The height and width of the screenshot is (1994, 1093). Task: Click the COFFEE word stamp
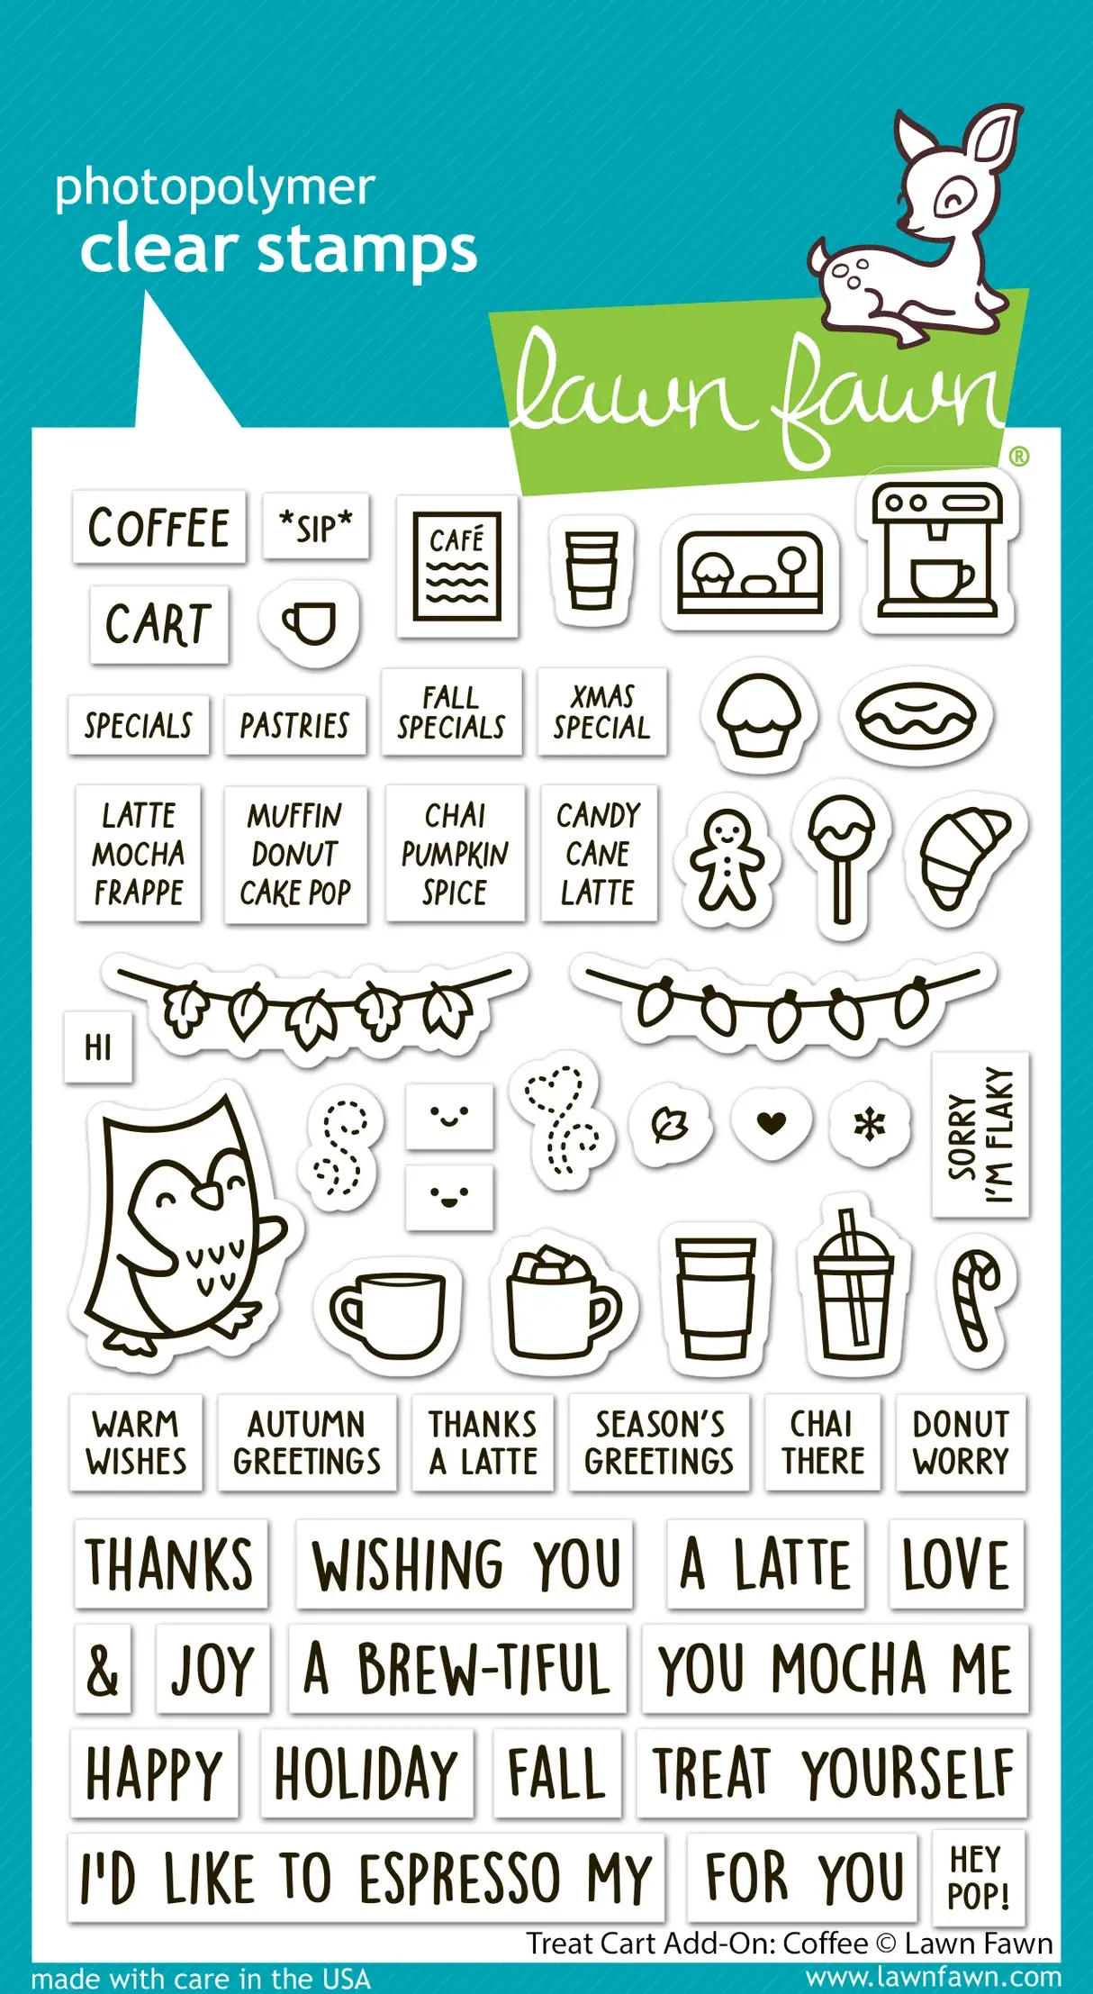(158, 528)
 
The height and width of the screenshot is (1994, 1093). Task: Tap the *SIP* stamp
(316, 527)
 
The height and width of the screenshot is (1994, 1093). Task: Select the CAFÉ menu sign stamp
(456, 566)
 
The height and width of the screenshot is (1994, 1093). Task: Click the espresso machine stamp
(939, 551)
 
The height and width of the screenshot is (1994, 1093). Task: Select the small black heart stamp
(772, 1122)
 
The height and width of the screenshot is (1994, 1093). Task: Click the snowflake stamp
(870, 1123)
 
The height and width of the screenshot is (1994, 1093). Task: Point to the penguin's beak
(209, 1194)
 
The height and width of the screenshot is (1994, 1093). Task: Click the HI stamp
(98, 1047)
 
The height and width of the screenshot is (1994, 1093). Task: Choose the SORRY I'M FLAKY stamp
(980, 1135)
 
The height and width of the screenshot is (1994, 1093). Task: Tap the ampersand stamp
(102, 1669)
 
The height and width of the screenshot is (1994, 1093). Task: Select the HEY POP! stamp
(978, 1877)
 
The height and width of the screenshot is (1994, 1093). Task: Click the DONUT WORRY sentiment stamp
(961, 1442)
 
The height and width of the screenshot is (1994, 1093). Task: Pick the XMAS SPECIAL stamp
(601, 711)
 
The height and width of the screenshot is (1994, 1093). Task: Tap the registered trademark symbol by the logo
(1018, 457)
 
